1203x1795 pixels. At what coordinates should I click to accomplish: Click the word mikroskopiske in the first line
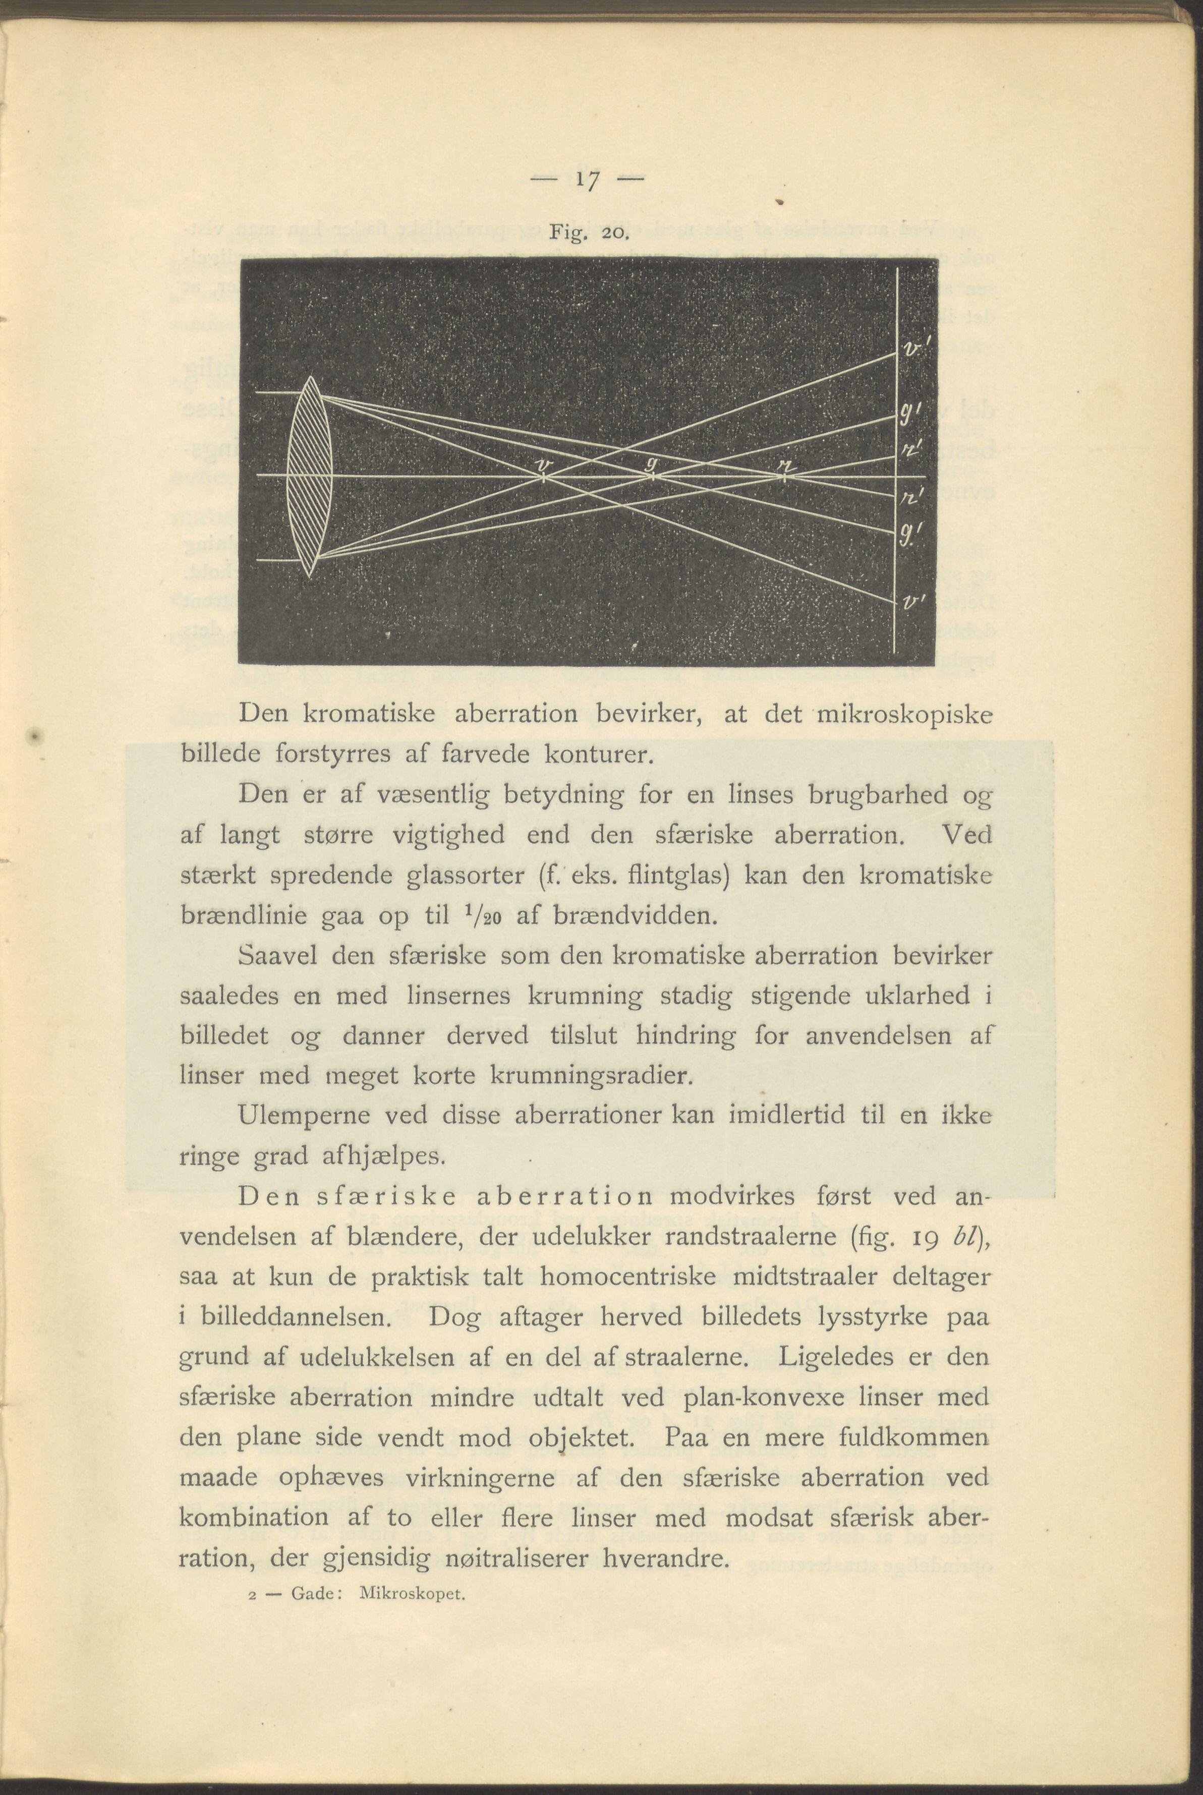905,715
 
